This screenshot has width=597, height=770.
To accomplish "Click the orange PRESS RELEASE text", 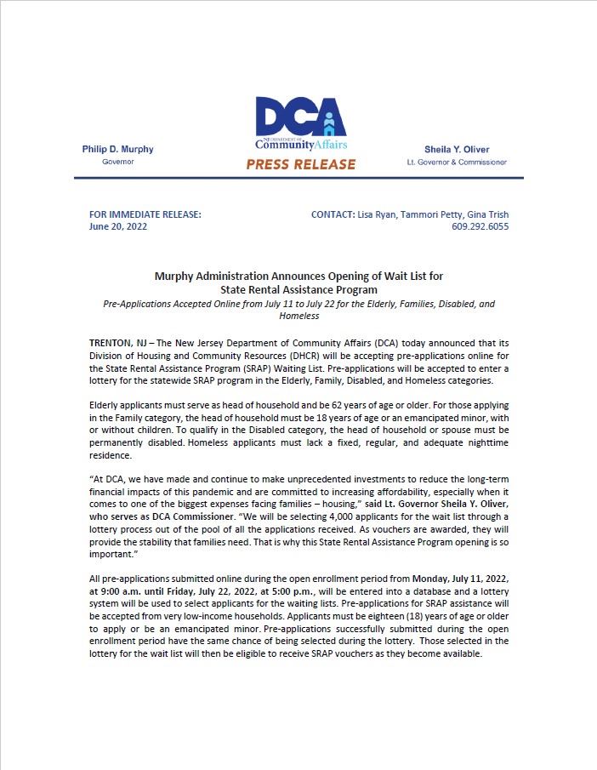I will point(300,164).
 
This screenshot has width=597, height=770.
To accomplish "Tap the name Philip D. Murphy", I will point(117,149).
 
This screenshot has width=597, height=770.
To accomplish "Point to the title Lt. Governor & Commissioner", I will point(457,162).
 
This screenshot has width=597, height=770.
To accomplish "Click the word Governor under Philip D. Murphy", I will point(117,162).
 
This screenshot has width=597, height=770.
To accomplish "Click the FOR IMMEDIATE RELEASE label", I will point(145,214).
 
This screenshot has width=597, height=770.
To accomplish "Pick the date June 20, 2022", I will point(118,227).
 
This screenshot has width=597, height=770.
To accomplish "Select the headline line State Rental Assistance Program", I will point(298,289).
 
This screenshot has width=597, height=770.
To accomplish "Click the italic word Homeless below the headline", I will point(298,316).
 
